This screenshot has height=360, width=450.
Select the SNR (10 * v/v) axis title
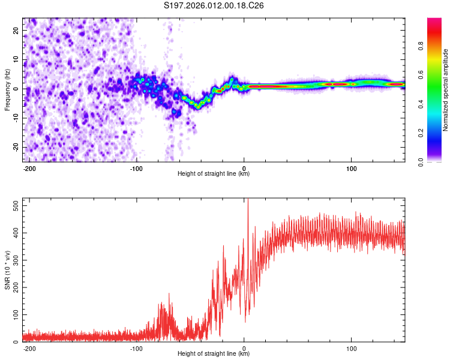click(7, 269)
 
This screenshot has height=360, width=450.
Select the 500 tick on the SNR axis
click(14, 205)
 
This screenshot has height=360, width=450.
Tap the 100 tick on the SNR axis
click(14, 314)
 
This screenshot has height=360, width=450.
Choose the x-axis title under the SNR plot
click(214, 354)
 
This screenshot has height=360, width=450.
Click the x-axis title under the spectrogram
click(214, 174)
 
